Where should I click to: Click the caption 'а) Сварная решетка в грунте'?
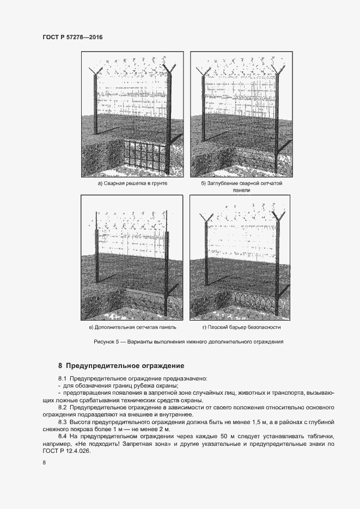point(132,184)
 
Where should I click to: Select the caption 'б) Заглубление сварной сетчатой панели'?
point(241,187)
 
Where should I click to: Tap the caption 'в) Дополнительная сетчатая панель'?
point(132,328)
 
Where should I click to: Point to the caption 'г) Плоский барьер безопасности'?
point(241,328)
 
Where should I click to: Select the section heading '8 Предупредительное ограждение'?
point(121,365)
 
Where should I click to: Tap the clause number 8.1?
point(62,378)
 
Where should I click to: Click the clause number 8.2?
point(62,407)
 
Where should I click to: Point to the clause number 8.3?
point(62,422)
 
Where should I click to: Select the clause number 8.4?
point(62,437)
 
